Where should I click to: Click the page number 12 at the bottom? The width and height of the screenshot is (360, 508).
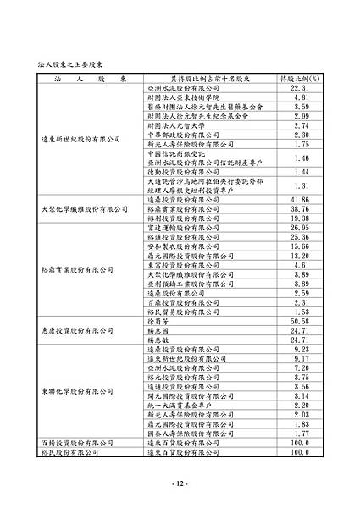180,483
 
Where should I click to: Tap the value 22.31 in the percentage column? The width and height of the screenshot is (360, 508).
302,88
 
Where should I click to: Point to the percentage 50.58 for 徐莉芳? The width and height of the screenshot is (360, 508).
302,321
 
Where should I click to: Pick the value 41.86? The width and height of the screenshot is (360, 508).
302,199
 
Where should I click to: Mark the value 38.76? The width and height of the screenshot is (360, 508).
302,208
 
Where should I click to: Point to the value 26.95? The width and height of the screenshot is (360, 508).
302,228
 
